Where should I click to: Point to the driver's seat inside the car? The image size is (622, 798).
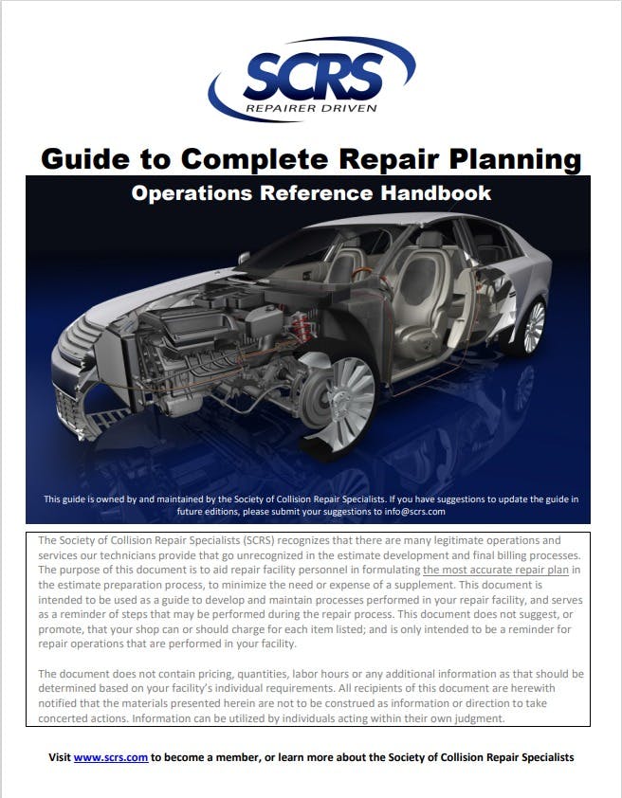[x=417, y=284]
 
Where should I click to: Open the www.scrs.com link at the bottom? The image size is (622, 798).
[x=111, y=757]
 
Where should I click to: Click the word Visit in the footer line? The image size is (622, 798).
[x=60, y=757]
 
